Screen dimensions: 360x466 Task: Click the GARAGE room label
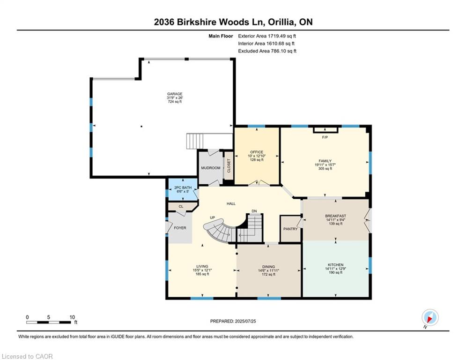point(175,94)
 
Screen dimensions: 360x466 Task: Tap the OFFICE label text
point(256,152)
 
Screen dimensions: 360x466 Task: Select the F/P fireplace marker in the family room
point(325,137)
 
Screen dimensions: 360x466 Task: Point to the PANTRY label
point(290,229)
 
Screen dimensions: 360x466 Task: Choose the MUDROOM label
point(210,168)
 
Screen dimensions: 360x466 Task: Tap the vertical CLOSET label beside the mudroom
point(229,166)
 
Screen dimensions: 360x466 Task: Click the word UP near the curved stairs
point(212,218)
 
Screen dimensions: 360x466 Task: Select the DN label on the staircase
point(254,211)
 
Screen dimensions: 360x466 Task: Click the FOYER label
point(180,228)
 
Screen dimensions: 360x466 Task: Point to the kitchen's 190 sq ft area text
point(335,272)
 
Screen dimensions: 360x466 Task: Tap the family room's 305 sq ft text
point(325,169)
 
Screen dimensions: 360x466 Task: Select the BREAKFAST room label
point(335,216)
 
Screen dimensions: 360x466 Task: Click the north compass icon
point(429,317)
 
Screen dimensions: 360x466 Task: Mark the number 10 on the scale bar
point(72,317)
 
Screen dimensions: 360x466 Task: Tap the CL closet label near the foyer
point(180,206)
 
